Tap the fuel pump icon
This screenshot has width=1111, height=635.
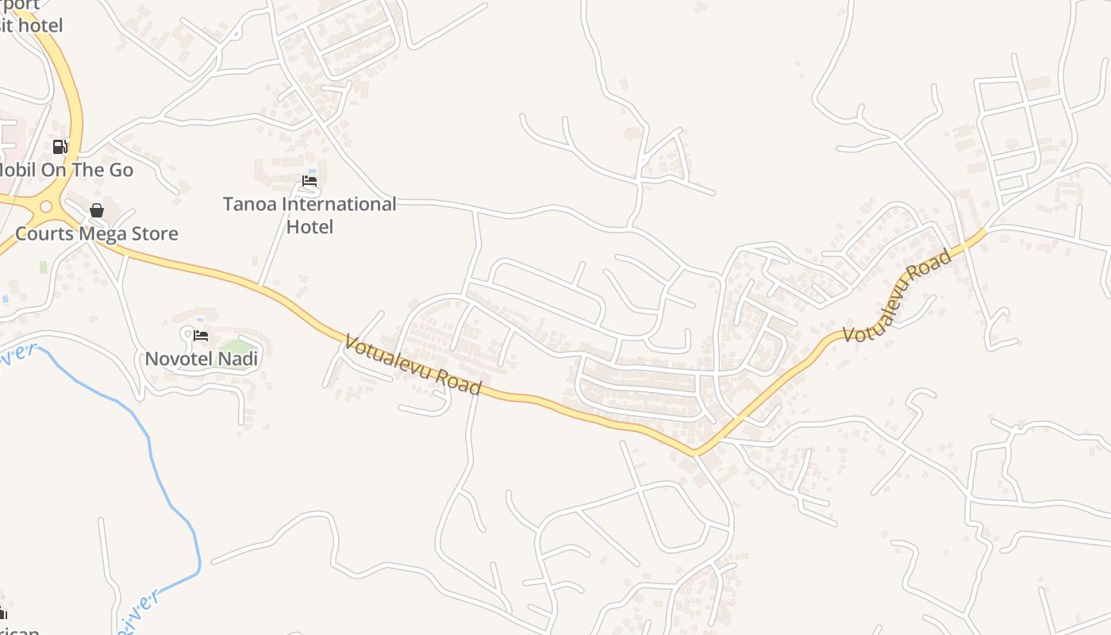click(60, 147)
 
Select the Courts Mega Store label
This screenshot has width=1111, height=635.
click(97, 234)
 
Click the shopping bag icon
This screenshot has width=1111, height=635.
click(97, 210)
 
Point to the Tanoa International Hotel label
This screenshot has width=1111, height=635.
click(309, 215)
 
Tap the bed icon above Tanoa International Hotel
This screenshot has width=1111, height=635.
click(309, 181)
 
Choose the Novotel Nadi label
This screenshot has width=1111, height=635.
click(202, 359)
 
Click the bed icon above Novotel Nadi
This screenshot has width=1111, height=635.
click(201, 336)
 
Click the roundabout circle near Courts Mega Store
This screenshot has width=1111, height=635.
click(46, 207)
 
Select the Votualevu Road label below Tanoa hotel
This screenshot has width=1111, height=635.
click(413, 365)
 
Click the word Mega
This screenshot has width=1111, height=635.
click(104, 234)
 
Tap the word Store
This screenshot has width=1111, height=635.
click(155, 234)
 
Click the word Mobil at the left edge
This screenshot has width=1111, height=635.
click(17, 170)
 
